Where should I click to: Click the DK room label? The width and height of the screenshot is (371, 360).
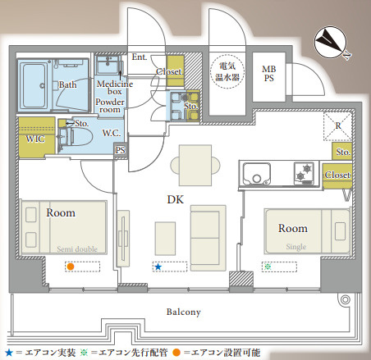pyautogui.click(x=176, y=199)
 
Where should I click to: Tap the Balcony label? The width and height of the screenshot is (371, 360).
pyautogui.click(x=184, y=312)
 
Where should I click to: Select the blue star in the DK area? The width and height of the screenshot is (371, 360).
pyautogui.click(x=158, y=267)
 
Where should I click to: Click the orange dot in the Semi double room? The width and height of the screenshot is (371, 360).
pyautogui.click(x=71, y=267)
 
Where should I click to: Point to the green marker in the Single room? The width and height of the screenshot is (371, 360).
pyautogui.click(x=268, y=267)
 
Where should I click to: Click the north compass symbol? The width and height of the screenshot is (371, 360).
pyautogui.click(x=330, y=43)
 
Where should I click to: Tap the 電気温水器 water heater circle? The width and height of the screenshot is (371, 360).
pyautogui.click(x=227, y=71)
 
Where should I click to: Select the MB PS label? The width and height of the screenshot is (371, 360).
pyautogui.click(x=269, y=74)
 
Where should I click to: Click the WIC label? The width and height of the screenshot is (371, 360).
pyautogui.click(x=35, y=139)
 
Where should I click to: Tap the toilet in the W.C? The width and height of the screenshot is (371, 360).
pyautogui.click(x=76, y=137)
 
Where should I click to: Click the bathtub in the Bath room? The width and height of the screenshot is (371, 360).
pyautogui.click(x=34, y=85)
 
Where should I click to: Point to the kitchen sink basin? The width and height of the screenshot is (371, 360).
pyautogui.click(x=257, y=174)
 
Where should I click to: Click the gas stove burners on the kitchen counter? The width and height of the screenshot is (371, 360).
pyautogui.click(x=305, y=173)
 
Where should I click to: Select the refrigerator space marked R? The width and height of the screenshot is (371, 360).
pyautogui.click(x=337, y=126)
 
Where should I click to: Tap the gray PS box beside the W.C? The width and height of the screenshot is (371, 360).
pyautogui.click(x=121, y=150)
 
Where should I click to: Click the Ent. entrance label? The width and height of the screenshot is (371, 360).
pyautogui.click(x=140, y=57)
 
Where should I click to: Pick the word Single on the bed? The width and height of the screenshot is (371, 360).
pyautogui.click(x=296, y=247)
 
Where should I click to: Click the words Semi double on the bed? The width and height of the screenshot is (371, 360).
pyautogui.click(x=77, y=249)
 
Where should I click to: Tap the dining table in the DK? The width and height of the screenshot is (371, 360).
pyautogui.click(x=195, y=166)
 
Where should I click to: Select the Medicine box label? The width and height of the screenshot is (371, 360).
pyautogui.click(x=115, y=88)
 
